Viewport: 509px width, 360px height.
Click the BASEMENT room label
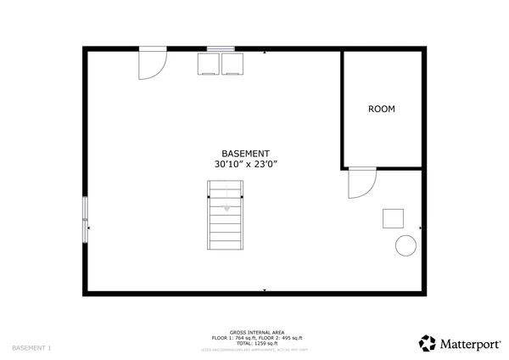coord(245,153)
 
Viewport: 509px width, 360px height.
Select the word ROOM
coord(381,109)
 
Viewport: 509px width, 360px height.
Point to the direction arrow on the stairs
coord(227,206)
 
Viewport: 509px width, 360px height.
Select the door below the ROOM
coord(362,182)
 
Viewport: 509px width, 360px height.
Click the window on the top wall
coord(221,49)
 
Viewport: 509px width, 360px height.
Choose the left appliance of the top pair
coord(209,64)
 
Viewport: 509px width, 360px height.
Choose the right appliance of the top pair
coord(232,64)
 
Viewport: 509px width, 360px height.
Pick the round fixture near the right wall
coord(406,245)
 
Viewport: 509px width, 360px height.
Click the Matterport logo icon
coord(428,343)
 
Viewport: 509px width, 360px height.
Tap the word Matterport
coord(469,343)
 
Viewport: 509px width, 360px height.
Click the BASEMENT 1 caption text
coord(31,348)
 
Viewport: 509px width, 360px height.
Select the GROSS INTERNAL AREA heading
coord(256,332)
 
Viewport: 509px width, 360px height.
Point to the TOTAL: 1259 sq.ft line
coord(256,343)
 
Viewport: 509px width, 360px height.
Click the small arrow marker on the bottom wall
coord(265,290)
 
